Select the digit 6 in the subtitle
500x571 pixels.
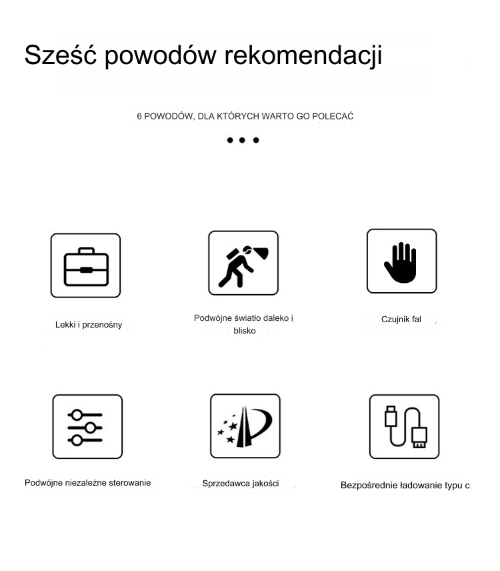(139, 117)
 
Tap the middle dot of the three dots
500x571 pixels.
(243, 140)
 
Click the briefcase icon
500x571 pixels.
(85, 265)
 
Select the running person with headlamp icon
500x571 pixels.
(243, 263)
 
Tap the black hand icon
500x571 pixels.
(401, 261)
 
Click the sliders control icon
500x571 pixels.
(87, 427)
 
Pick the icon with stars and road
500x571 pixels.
(245, 426)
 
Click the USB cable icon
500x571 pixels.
(404, 427)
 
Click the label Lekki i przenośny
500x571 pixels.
(89, 325)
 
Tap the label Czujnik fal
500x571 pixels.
(401, 320)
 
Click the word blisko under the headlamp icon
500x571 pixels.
(245, 331)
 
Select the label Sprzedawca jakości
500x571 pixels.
(241, 484)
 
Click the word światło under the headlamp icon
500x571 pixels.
(246, 318)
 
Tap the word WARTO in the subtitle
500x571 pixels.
(278, 117)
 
